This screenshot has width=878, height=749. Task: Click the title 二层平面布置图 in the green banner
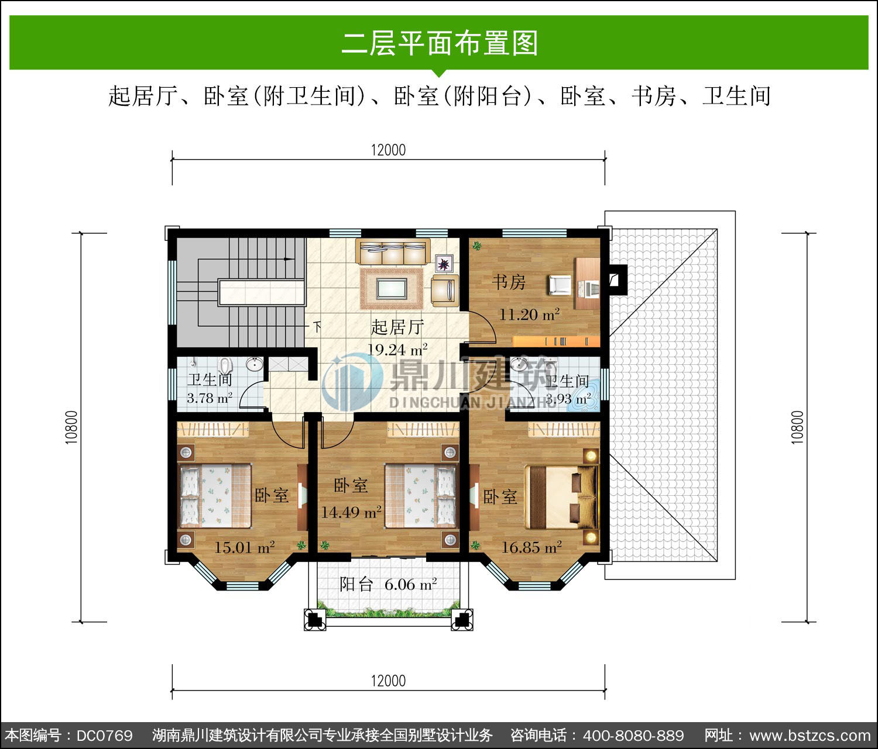pyautogui.click(x=440, y=43)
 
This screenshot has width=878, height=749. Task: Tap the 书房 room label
pyautogui.click(x=509, y=282)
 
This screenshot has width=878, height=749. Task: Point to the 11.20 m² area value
pyautogui.click(x=529, y=315)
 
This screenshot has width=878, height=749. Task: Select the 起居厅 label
pyautogui.click(x=397, y=327)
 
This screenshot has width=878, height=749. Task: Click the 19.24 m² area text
pyautogui.click(x=397, y=349)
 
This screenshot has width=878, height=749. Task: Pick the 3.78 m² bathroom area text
pyautogui.click(x=210, y=398)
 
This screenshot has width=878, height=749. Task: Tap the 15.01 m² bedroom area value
pyautogui.click(x=244, y=547)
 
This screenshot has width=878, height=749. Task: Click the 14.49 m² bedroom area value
pyautogui.click(x=351, y=512)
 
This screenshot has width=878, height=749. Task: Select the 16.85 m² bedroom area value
pyautogui.click(x=532, y=547)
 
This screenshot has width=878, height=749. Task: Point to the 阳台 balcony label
pyautogui.click(x=356, y=585)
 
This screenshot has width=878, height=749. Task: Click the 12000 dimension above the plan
pyautogui.click(x=388, y=150)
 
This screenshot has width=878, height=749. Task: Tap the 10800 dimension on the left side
pyautogui.click(x=72, y=427)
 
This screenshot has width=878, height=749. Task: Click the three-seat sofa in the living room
pyautogui.click(x=393, y=251)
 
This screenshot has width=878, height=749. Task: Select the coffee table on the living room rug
pyautogui.click(x=392, y=289)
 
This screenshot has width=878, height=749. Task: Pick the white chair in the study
pyautogui.click(x=560, y=285)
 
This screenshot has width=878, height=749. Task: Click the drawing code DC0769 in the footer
pyautogui.click(x=105, y=736)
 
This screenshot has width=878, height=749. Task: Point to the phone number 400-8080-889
pyautogui.click(x=633, y=736)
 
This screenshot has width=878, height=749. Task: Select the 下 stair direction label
pyautogui.click(x=317, y=327)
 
